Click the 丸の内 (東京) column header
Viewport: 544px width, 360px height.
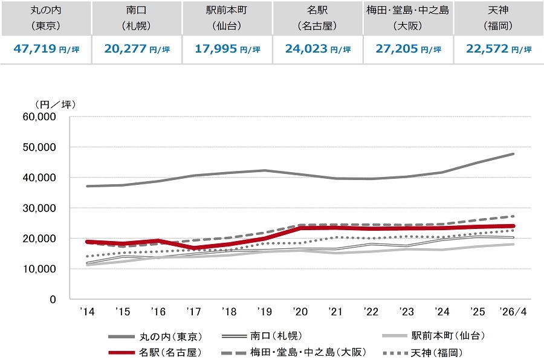(x=46, y=18)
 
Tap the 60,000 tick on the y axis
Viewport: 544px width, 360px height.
(x=39, y=117)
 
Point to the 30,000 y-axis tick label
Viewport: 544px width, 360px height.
(x=39, y=208)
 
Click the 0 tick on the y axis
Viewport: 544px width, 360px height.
(x=53, y=300)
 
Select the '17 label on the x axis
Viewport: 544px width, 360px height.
(x=193, y=312)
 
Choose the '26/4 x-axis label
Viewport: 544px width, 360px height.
(x=513, y=312)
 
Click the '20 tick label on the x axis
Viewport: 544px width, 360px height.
(x=300, y=312)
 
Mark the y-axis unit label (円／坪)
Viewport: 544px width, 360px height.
(x=55, y=104)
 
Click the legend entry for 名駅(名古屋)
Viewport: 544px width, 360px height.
(x=155, y=353)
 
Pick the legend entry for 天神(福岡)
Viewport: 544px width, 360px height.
(x=423, y=353)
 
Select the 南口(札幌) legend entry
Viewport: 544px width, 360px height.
(x=262, y=336)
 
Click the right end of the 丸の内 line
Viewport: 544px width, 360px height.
(x=513, y=154)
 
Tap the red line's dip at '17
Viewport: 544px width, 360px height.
(x=193, y=248)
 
